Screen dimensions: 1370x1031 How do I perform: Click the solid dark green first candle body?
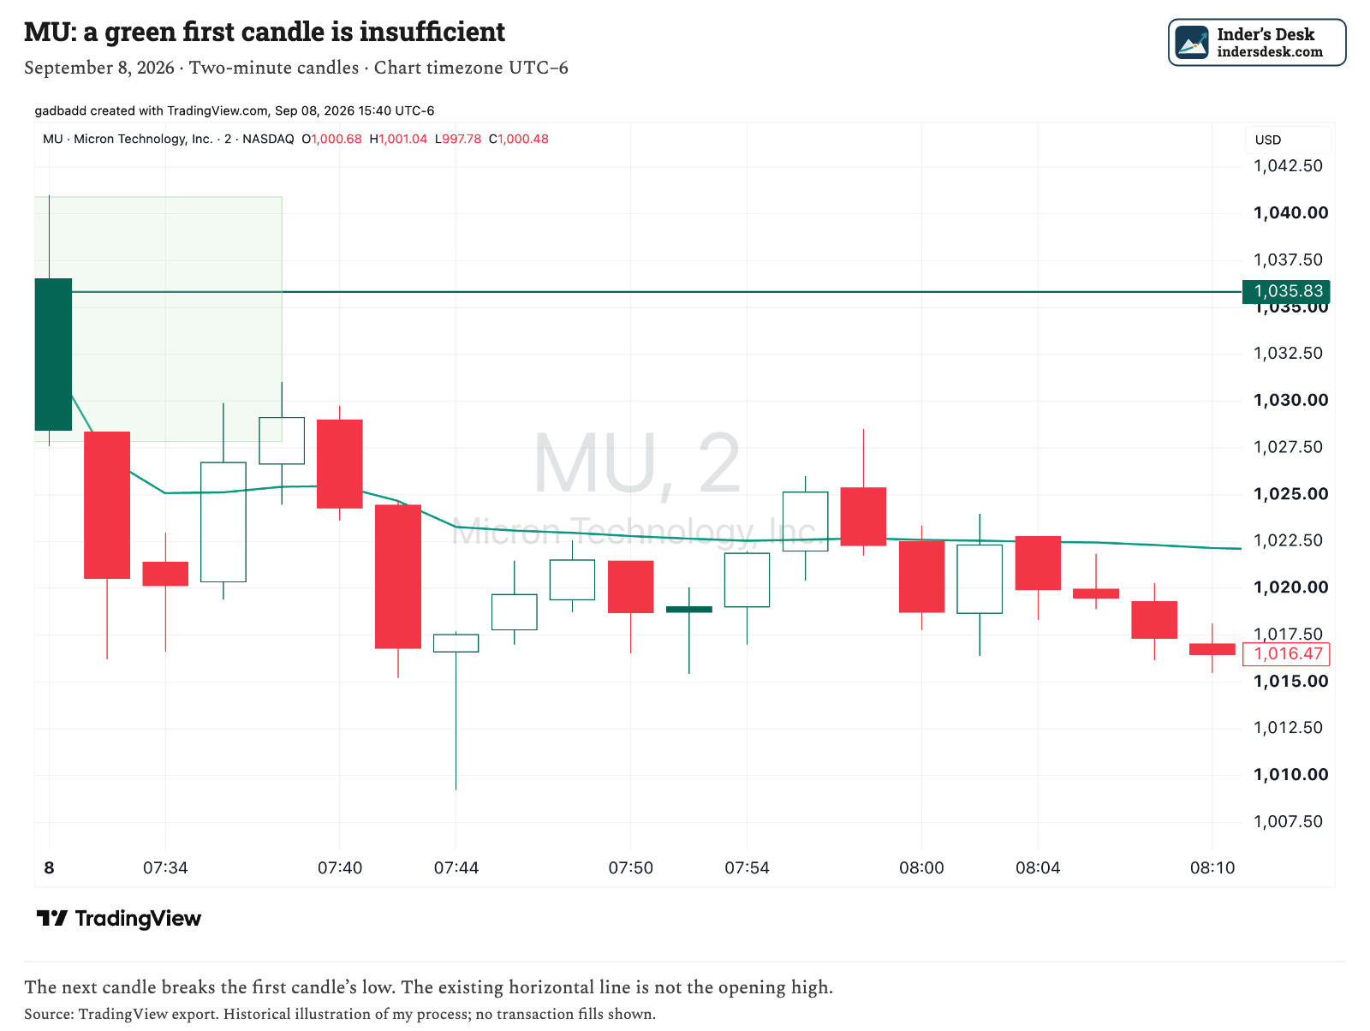[x=53, y=355]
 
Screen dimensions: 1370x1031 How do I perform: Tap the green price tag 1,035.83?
[x=1286, y=291]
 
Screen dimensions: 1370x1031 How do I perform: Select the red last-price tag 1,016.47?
[x=1286, y=654]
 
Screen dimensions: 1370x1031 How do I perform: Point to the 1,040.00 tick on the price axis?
[x=1290, y=213]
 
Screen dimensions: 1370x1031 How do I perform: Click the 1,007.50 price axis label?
[x=1288, y=821]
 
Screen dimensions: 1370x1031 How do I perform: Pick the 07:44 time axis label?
[x=456, y=867]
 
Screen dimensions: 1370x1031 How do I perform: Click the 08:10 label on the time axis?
[x=1212, y=867]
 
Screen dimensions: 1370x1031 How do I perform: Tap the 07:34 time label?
[x=165, y=867]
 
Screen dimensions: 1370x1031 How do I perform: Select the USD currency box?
[x=1289, y=140]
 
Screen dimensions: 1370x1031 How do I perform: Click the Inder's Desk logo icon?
[x=1192, y=43]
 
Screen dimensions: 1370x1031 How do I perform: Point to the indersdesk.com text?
[x=1270, y=51]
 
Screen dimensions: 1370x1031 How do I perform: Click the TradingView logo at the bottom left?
[x=118, y=919]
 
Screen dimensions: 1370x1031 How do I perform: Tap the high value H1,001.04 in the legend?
[x=398, y=140]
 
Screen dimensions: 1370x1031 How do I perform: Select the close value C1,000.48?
[x=519, y=140]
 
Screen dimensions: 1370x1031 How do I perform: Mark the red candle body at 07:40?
[x=340, y=464]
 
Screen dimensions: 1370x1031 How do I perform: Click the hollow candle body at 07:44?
[x=456, y=643]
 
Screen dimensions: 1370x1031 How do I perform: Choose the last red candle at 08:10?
[x=1212, y=649]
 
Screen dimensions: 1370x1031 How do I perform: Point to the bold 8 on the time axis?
[x=50, y=867]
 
